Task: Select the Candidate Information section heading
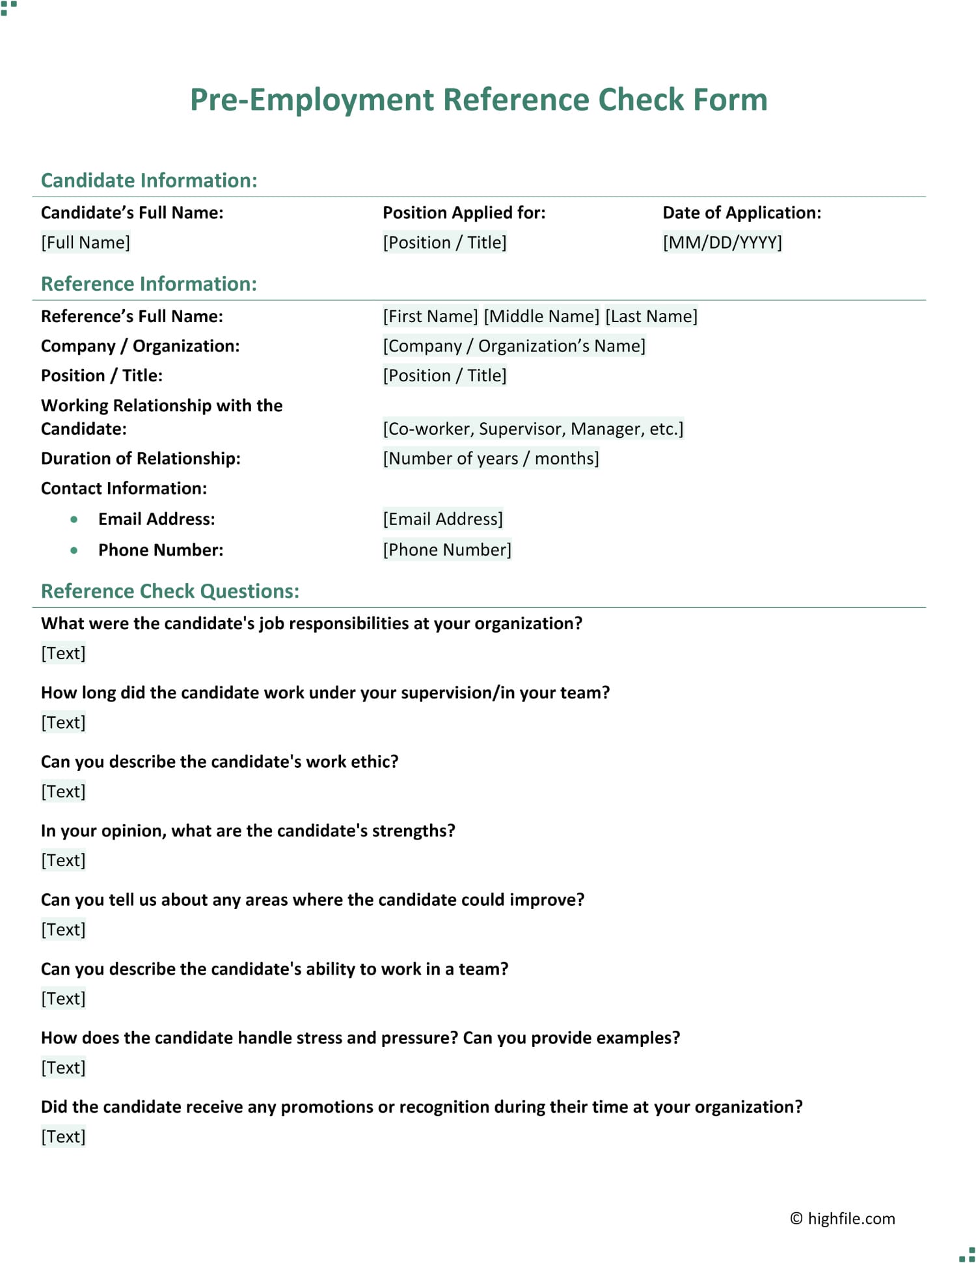pos(149,180)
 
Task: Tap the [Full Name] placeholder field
pos(85,242)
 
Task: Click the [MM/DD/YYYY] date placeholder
pos(722,242)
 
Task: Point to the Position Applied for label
pos(463,213)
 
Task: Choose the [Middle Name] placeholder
pos(541,316)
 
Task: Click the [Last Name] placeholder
pos(651,316)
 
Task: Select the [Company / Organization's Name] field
pos(513,346)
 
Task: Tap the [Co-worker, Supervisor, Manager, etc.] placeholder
pos(532,429)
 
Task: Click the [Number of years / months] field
pos(490,458)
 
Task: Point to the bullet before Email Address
pos(74,519)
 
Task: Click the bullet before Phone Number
pos(74,550)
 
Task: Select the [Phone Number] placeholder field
pos(446,550)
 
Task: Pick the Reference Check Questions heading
pos(170,591)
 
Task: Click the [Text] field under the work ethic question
pos(63,791)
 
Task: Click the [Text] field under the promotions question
pos(63,1136)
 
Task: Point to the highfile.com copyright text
pos(843,1218)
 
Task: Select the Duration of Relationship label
pos(141,458)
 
